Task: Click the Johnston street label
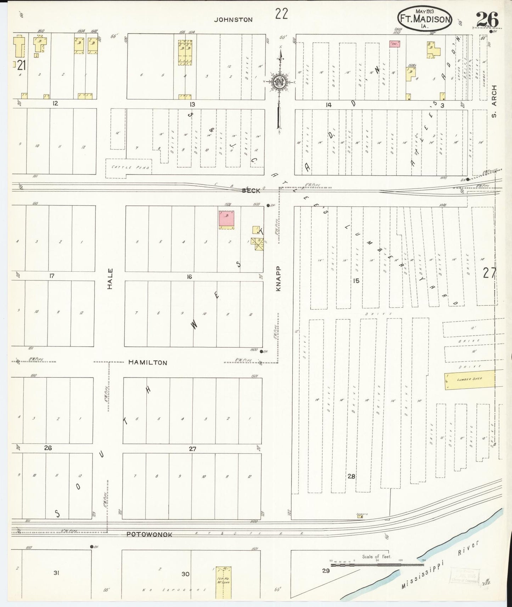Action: [x=233, y=20]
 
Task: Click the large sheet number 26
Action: [x=487, y=19]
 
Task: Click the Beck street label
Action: [x=251, y=191]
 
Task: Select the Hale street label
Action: [x=110, y=278]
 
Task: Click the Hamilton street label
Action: [x=147, y=363]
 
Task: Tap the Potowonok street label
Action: [x=150, y=534]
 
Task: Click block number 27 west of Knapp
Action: [x=192, y=449]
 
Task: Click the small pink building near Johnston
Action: [x=394, y=44]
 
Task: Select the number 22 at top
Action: [x=281, y=14]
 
